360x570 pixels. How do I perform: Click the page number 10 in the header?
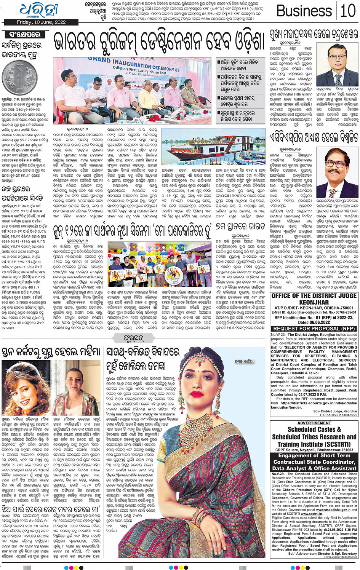(x=347, y=11)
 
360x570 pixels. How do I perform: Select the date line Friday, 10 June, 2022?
(x=41, y=22)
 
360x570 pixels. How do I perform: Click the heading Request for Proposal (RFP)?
(x=314, y=328)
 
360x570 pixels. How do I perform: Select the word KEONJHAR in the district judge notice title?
(x=314, y=302)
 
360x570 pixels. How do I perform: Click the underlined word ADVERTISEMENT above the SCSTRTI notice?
(x=314, y=423)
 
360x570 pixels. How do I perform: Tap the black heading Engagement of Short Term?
(x=314, y=455)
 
